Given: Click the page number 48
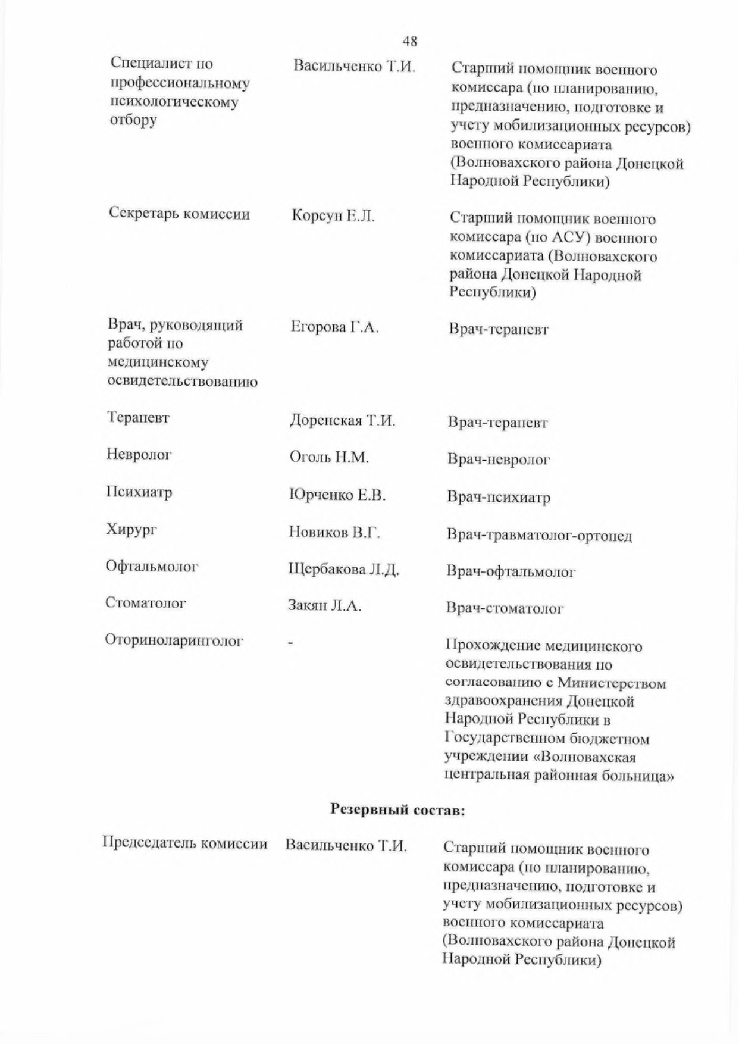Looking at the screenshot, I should [409, 41].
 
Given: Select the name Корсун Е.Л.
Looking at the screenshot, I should [333, 217].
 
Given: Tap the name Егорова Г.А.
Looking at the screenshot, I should [334, 327].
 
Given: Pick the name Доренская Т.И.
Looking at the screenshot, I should [342, 421].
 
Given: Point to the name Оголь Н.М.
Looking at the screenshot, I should [329, 458].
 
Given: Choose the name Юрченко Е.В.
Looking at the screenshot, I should [337, 495].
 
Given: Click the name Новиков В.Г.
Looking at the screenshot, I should [334, 532].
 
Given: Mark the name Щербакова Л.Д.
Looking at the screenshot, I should [343, 570].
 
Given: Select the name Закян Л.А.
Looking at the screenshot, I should [325, 607].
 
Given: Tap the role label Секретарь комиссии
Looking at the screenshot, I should [179, 214].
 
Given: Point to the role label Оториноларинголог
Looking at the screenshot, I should [174, 641].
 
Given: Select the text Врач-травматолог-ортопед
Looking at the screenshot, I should [539, 536].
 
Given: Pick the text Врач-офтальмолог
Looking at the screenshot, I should [511, 572].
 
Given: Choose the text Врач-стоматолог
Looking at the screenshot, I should [505, 609].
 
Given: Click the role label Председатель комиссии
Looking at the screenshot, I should [185, 844].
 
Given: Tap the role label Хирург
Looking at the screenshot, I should [131, 530].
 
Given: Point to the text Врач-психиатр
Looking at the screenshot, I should [499, 498].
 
